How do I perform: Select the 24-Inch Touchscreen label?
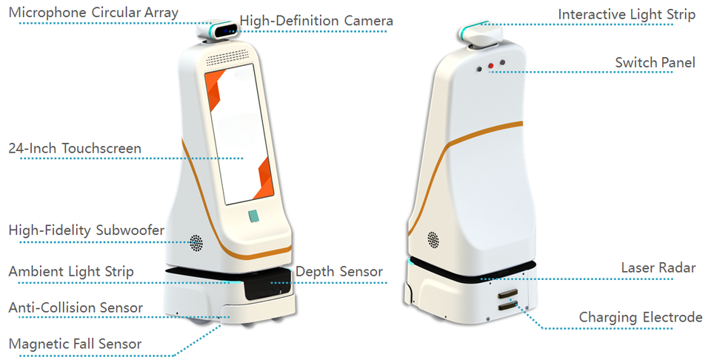click(75, 148)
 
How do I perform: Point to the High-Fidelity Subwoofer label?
click(87, 230)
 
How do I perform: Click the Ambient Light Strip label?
click(72, 271)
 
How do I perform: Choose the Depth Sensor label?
click(339, 272)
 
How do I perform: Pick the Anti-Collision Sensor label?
click(76, 307)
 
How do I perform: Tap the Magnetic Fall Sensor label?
click(75, 344)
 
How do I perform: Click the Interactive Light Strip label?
click(627, 15)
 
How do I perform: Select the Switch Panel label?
click(655, 62)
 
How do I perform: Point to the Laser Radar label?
click(658, 267)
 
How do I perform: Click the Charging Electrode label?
click(641, 317)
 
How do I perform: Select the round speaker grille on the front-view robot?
click(196, 241)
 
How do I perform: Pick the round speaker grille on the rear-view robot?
click(433, 240)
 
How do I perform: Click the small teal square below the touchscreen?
click(253, 216)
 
